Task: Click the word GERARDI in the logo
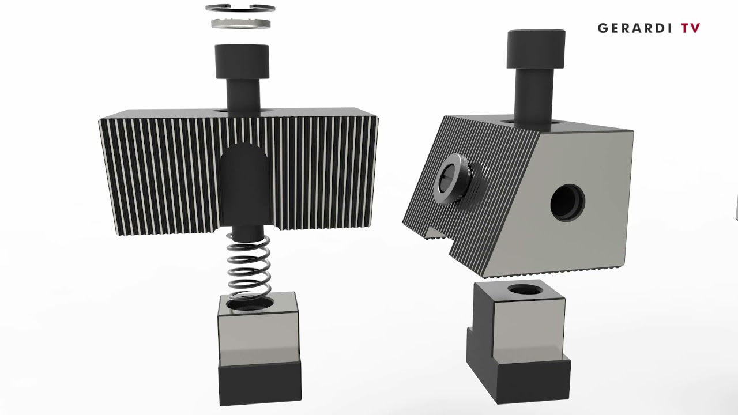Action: (x=635, y=28)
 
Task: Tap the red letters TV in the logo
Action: (x=690, y=28)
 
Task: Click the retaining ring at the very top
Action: (x=240, y=8)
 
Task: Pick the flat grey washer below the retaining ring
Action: (x=241, y=24)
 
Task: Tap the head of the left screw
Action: (x=242, y=61)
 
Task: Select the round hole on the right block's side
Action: (x=567, y=203)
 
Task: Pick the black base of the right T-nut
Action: (x=519, y=378)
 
